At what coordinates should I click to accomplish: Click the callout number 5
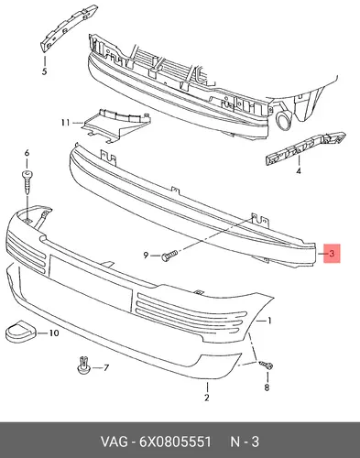click(x=44, y=71)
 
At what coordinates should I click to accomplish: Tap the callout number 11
click(x=65, y=123)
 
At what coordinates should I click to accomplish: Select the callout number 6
click(x=27, y=153)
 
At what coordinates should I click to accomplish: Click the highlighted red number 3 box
click(x=332, y=253)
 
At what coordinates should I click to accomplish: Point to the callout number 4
click(x=299, y=170)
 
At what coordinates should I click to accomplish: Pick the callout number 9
click(x=146, y=255)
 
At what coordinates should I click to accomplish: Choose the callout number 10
click(x=54, y=333)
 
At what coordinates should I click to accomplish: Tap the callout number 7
click(x=105, y=367)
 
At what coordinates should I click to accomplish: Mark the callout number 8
click(x=267, y=387)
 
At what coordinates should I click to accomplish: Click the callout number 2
click(x=207, y=398)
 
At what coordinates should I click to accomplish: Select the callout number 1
click(x=269, y=321)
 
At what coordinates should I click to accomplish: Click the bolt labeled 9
click(x=169, y=256)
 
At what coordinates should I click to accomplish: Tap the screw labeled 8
click(x=267, y=365)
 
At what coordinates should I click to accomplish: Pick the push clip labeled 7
click(x=83, y=365)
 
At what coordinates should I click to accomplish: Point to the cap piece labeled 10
click(x=20, y=331)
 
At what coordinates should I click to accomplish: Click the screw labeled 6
click(x=27, y=181)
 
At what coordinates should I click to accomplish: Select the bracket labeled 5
click(x=68, y=28)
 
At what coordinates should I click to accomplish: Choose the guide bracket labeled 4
click(x=305, y=148)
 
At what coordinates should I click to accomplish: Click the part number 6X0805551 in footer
click(x=175, y=442)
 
